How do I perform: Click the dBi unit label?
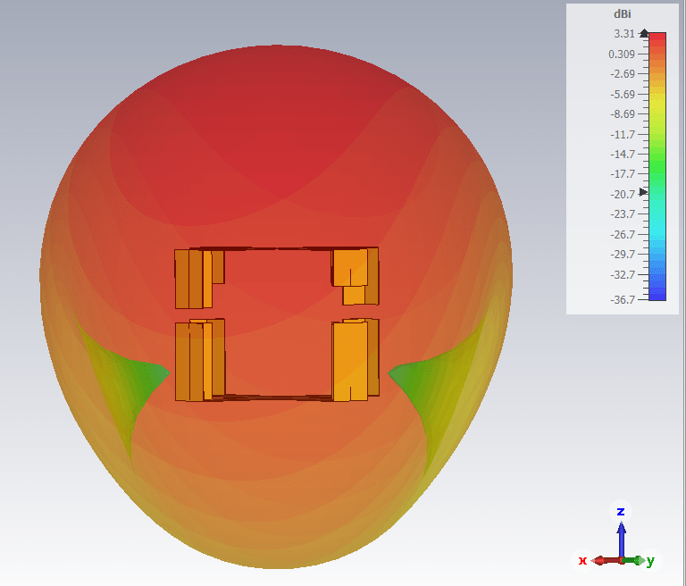coord(622,14)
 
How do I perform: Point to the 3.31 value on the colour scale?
coord(623,34)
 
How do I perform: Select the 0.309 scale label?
coord(622,54)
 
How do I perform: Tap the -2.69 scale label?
coord(622,73)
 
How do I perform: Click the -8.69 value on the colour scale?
coord(622,113)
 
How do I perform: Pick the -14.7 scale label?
coord(622,154)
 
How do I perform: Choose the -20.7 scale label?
coord(622,195)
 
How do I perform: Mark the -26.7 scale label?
coord(622,235)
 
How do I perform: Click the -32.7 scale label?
coord(622,275)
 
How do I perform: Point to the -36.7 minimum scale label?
coord(622,300)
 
